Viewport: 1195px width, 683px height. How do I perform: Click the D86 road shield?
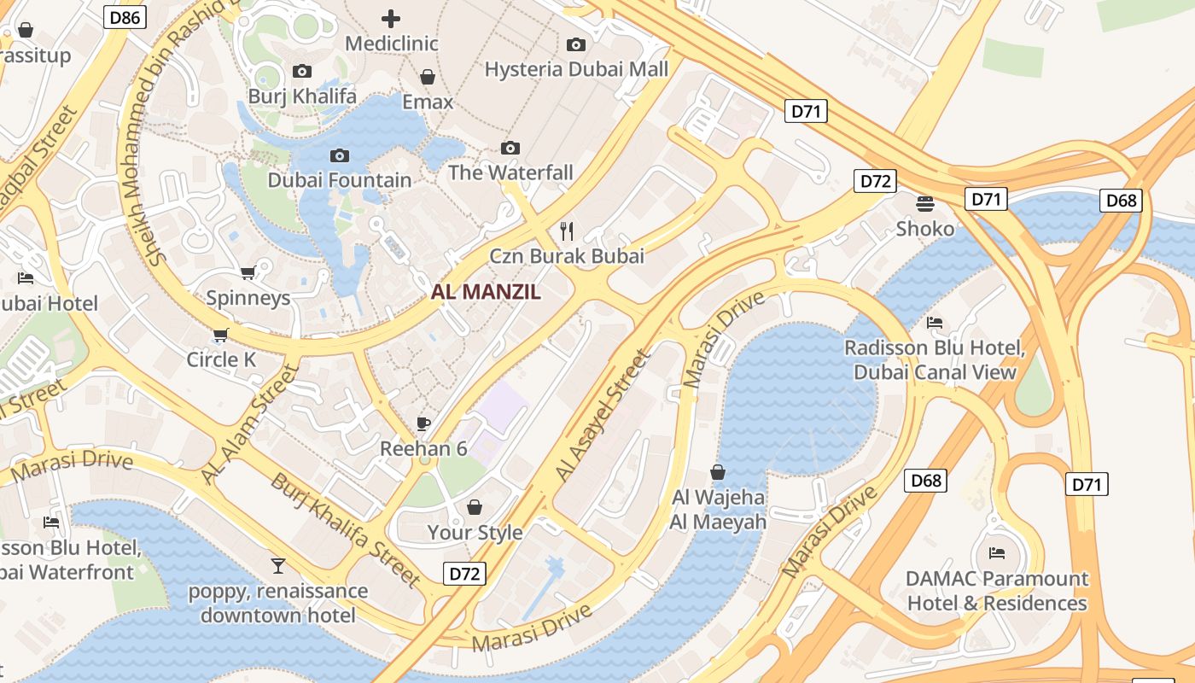click(x=125, y=16)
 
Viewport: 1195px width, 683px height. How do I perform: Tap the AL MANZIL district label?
click(x=486, y=292)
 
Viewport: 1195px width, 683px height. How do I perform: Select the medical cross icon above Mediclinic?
click(x=391, y=18)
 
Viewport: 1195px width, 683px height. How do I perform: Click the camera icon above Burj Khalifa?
click(x=302, y=72)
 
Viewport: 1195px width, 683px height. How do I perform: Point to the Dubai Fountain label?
click(x=340, y=180)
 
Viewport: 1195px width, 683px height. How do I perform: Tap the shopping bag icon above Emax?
click(x=428, y=78)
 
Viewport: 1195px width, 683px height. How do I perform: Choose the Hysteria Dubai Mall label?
click(x=576, y=69)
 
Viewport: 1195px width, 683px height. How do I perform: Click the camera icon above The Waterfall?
click(x=510, y=149)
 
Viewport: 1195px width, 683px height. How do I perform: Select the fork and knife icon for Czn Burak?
click(x=567, y=231)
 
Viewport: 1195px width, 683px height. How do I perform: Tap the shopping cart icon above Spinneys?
click(x=248, y=273)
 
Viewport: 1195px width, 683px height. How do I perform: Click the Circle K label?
click(x=221, y=359)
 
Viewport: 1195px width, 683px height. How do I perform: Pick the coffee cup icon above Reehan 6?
click(x=423, y=423)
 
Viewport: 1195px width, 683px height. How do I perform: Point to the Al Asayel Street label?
click(x=603, y=416)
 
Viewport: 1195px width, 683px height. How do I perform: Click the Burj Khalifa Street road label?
click(x=346, y=530)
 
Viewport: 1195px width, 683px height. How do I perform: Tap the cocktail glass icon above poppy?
click(x=278, y=565)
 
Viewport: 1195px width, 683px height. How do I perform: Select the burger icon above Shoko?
click(x=925, y=204)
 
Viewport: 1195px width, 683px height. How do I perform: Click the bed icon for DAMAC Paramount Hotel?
click(x=996, y=553)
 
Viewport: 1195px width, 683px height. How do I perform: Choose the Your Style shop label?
click(x=475, y=532)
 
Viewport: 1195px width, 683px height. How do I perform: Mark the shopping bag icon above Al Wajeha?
click(x=718, y=472)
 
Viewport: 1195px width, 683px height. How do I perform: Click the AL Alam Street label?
click(x=251, y=424)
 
